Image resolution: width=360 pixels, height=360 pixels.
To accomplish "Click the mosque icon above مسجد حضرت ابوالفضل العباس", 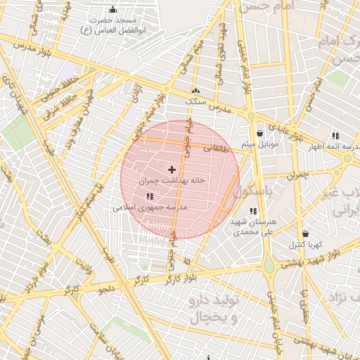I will pos(113,9).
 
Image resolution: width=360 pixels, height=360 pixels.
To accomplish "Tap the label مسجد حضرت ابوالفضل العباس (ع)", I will pos(112,25).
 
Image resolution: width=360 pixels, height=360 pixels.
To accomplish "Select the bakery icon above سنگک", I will pos(195,91).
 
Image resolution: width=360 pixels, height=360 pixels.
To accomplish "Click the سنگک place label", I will pos(196,102).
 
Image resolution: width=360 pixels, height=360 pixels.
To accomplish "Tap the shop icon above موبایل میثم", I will pos(259,133).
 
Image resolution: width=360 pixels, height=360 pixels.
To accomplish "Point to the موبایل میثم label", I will pos(259,144).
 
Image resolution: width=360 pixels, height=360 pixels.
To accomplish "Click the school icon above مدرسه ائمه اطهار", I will pos(335,135).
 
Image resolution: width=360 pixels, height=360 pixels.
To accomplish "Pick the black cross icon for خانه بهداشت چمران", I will pos(172,169).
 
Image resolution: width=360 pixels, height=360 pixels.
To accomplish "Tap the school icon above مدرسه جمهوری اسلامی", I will pos(149,197).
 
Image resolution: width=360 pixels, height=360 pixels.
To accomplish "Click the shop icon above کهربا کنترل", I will pos(305,233).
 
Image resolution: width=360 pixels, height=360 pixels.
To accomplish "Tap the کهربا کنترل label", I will pos(305,245).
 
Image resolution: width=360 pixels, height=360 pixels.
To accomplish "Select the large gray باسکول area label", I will pos(256,191).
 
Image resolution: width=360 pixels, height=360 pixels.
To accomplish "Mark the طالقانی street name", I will pos(216,148).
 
